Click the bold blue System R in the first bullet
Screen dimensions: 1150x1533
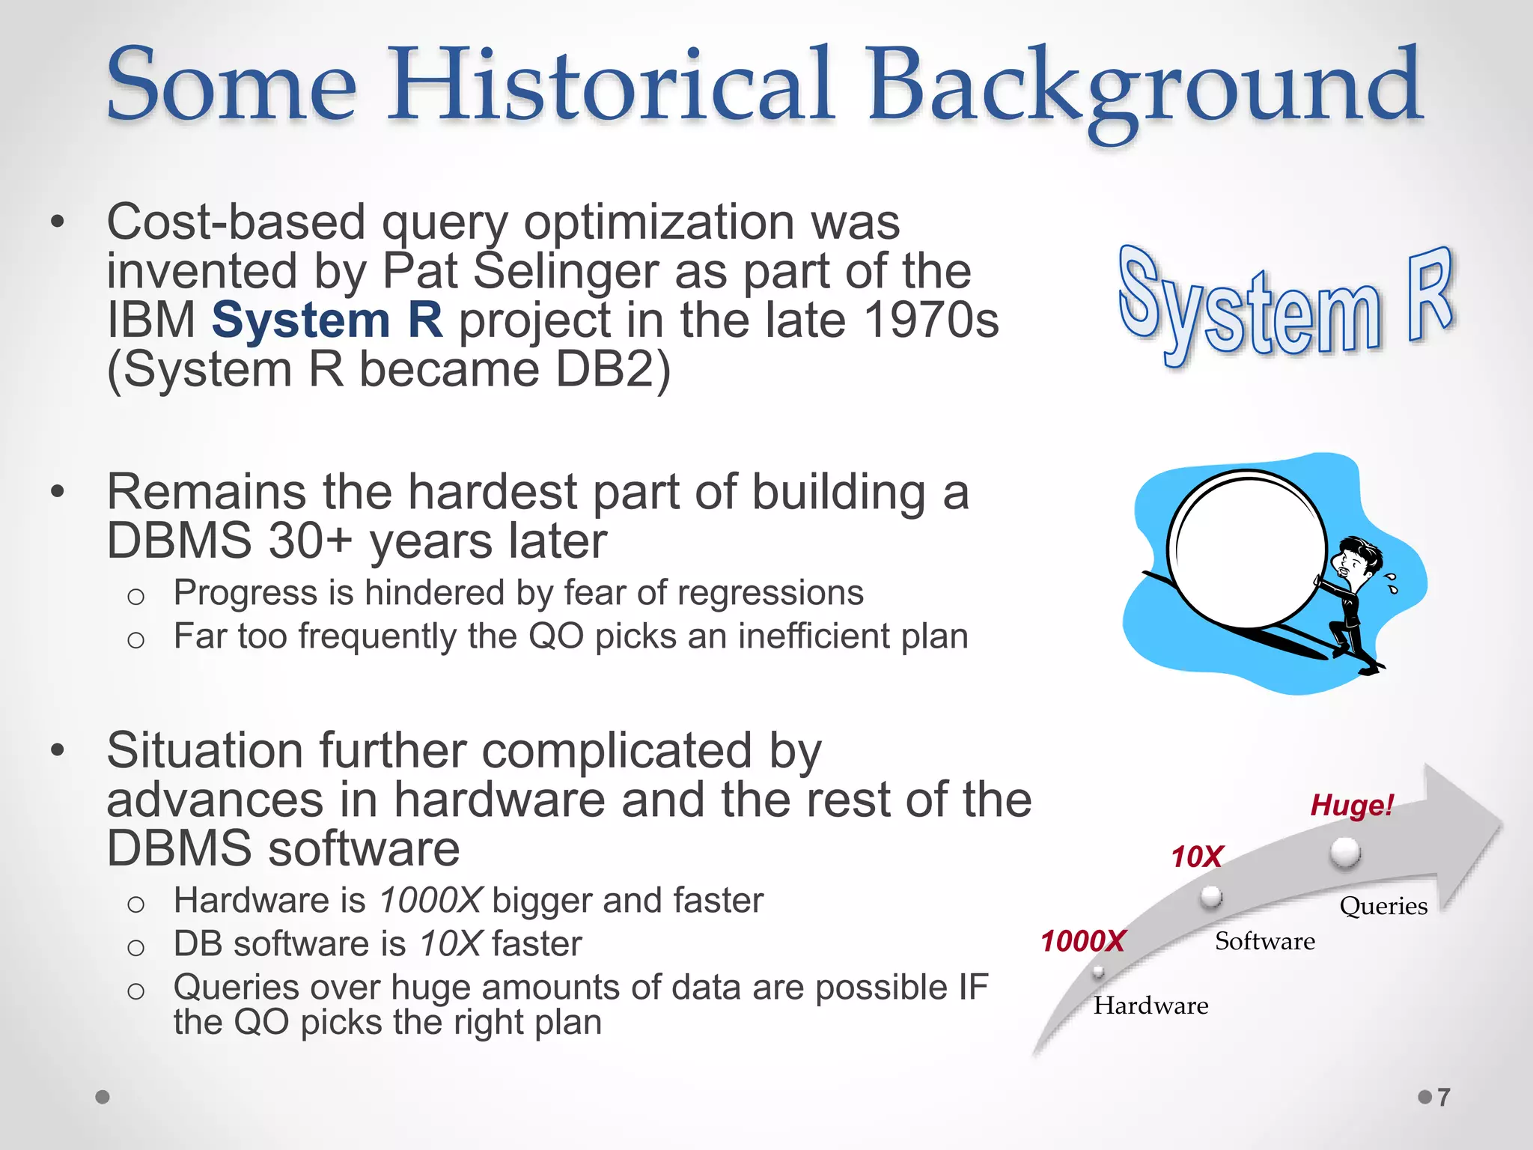(x=327, y=320)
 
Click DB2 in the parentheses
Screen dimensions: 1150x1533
(x=604, y=370)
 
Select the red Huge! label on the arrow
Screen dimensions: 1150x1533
(x=1351, y=806)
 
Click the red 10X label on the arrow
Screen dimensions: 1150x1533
(x=1196, y=857)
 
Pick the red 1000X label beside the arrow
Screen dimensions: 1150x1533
(x=1082, y=941)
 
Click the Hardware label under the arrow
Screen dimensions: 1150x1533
(x=1150, y=1006)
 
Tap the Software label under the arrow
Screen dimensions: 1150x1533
(x=1264, y=941)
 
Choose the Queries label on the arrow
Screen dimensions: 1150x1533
(x=1383, y=906)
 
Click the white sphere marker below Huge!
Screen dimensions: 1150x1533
(x=1345, y=852)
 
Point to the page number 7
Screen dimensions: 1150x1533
(x=1443, y=1097)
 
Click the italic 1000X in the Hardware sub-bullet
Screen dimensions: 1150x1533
(x=430, y=900)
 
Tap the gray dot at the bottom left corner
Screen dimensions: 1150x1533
(x=103, y=1097)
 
